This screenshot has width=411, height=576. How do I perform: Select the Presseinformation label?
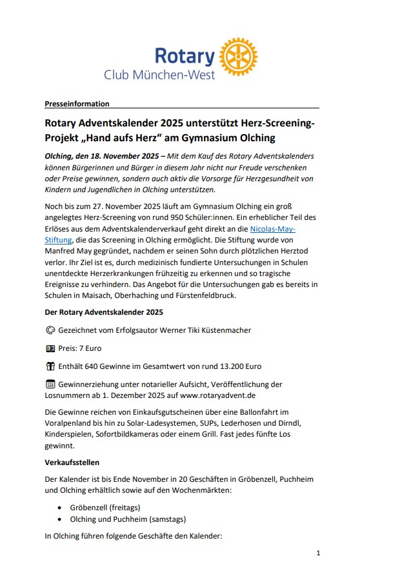pyautogui.click(x=77, y=104)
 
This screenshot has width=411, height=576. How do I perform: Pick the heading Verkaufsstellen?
pyautogui.click(x=72, y=462)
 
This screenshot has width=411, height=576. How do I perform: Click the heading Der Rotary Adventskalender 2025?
pyautogui.click(x=104, y=312)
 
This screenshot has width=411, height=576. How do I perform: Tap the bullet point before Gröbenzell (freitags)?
pyautogui.click(x=60, y=507)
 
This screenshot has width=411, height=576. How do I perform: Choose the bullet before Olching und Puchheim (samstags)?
pyautogui.click(x=60, y=519)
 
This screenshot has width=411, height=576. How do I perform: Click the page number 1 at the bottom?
pyautogui.click(x=318, y=553)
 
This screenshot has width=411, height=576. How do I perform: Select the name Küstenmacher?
pyautogui.click(x=223, y=330)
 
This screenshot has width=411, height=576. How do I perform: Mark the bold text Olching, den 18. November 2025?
pyautogui.click(x=101, y=156)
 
